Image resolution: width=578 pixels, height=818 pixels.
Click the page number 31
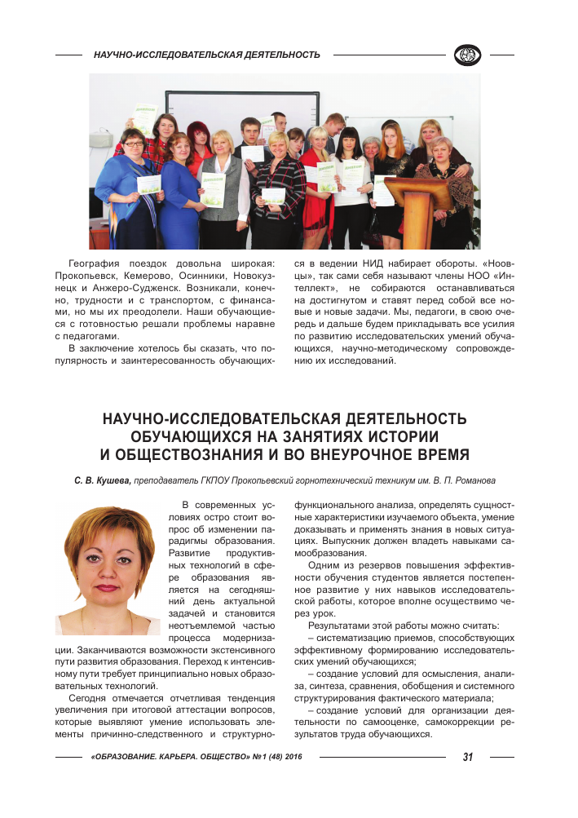(468, 757)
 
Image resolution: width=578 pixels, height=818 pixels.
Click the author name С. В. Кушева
(101, 480)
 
